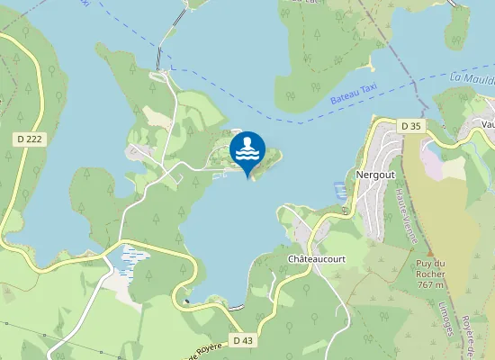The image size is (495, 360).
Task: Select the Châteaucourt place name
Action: (x=316, y=258)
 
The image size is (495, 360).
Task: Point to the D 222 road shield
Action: (x=28, y=139)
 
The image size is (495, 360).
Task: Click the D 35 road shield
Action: (x=411, y=126)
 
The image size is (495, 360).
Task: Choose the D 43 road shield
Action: (x=243, y=340)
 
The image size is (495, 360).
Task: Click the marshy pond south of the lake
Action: (x=132, y=259)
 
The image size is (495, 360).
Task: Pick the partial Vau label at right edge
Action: (x=487, y=125)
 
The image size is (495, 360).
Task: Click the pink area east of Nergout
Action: (x=432, y=163)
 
